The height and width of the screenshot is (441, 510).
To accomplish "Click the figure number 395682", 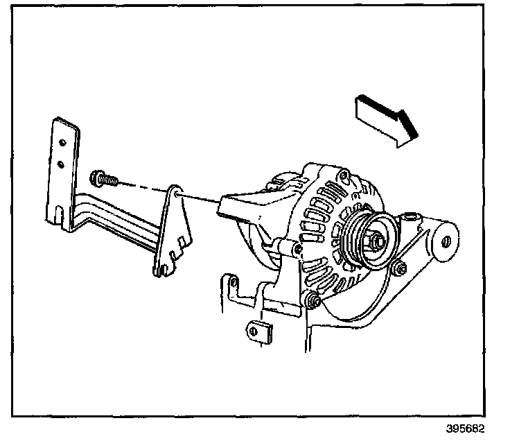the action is tap(466, 429).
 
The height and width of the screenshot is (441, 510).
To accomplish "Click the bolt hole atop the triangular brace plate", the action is tap(177, 193).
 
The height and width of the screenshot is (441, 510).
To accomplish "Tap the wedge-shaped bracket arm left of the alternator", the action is tap(239, 208).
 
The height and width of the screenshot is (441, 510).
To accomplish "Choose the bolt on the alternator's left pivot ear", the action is tap(297, 248).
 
